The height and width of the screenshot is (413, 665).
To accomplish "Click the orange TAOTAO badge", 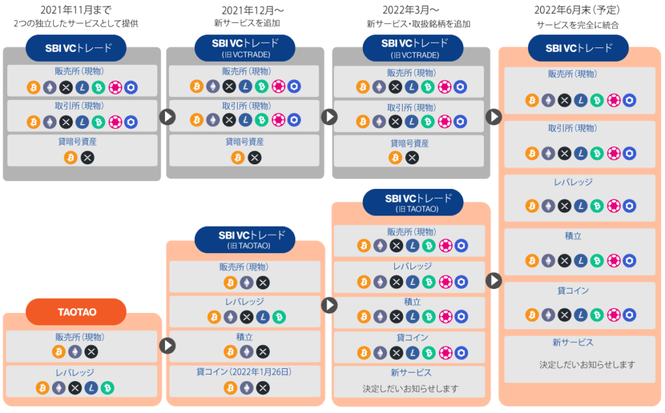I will tap(76, 312).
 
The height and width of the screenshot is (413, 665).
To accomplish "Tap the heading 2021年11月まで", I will tap(76, 10).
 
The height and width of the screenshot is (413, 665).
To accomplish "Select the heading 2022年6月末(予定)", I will tap(577, 10).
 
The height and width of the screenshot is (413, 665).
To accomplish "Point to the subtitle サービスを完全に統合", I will tap(577, 25).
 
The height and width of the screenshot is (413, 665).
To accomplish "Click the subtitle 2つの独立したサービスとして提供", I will tap(76, 23).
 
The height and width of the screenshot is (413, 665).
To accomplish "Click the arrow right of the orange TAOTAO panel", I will tap(168, 345).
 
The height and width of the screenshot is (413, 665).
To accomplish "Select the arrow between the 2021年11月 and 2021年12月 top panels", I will tap(168, 116).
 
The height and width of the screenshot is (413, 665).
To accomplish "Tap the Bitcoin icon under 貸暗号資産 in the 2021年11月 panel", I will tap(71, 157).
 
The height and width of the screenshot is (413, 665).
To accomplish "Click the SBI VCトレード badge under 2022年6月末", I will tap(579, 48).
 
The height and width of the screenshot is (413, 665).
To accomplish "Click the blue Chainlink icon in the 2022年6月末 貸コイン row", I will tap(629, 314).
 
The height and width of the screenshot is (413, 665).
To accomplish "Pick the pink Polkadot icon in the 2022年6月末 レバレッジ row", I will tap(613, 206).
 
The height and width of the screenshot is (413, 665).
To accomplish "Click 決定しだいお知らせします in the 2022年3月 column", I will tap(410, 388).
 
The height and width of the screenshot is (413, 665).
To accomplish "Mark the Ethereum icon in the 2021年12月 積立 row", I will tap(246, 351).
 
